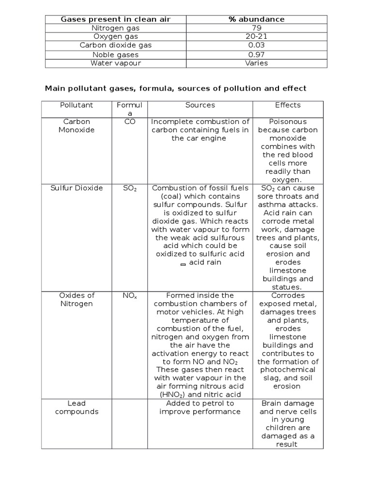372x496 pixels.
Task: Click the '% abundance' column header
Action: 256,19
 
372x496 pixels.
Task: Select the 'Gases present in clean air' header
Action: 116,19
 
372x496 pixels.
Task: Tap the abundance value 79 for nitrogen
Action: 256,28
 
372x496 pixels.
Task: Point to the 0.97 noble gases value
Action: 256,54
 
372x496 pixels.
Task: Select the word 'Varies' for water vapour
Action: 256,63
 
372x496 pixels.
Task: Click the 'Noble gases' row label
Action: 116,54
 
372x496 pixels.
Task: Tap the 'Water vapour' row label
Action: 116,63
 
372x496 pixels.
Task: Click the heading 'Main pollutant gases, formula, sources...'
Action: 175,89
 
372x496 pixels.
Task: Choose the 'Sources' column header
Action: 200,105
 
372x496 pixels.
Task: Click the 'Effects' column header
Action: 288,105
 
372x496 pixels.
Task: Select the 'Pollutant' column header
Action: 77,105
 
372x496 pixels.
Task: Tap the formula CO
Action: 129,122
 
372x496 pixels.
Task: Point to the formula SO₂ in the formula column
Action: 129,188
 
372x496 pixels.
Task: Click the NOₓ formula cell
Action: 129,295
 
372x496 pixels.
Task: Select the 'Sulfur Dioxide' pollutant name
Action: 77,188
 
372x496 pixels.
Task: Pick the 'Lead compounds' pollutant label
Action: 77,407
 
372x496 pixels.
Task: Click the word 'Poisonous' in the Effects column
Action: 288,122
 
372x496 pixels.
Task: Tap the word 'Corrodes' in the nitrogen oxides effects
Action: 288,295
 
